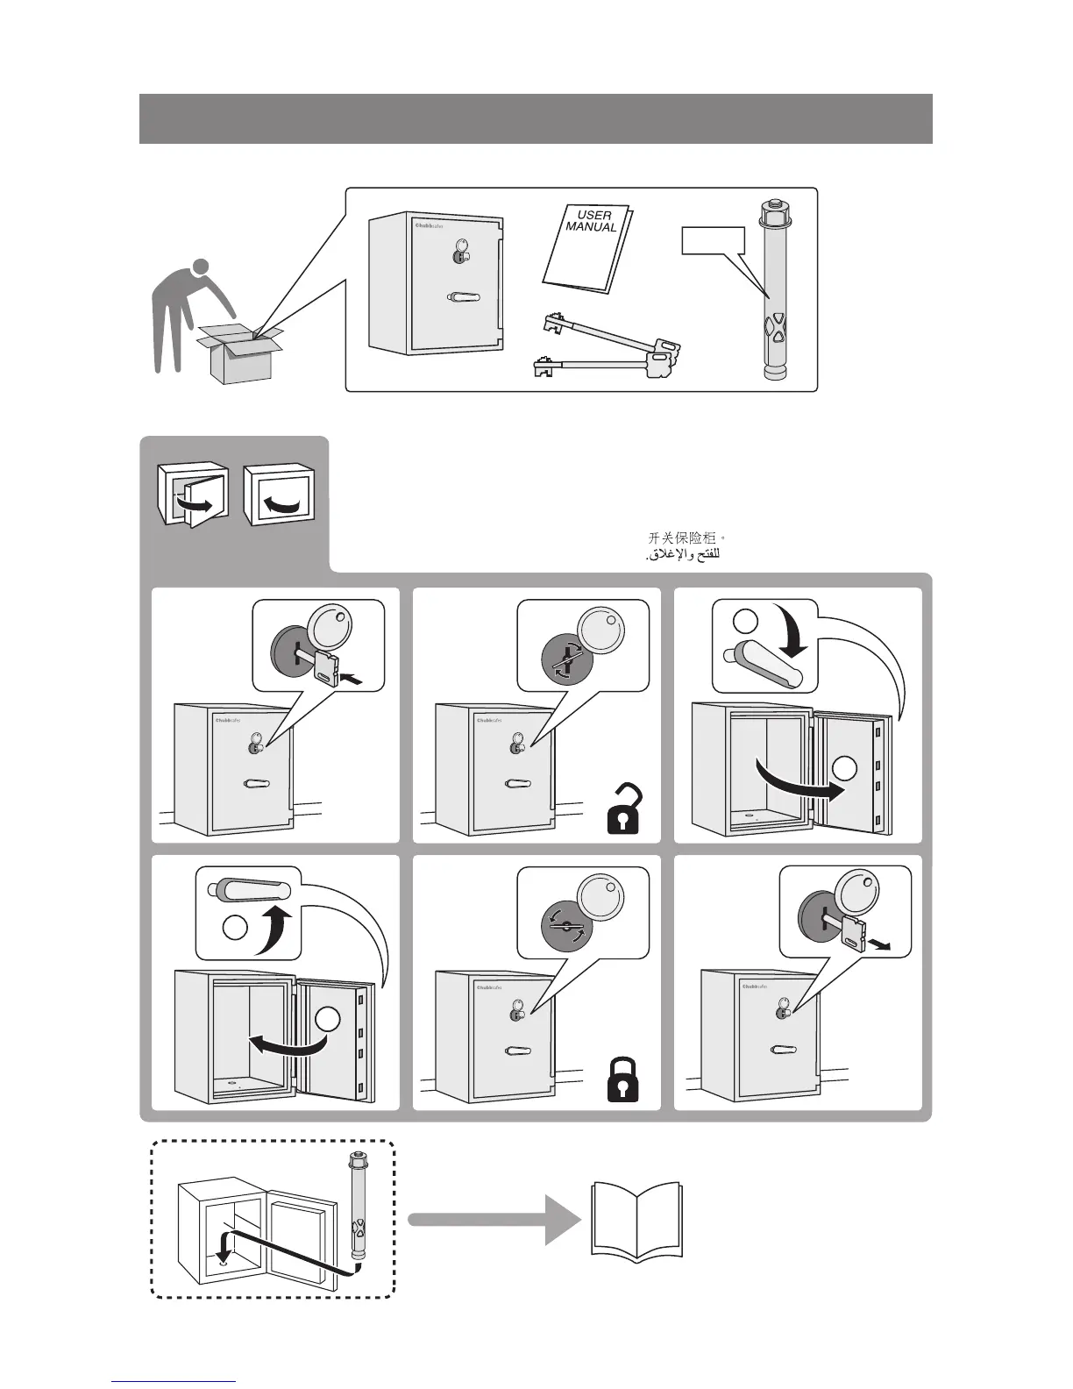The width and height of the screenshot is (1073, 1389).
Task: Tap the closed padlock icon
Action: tap(623, 1080)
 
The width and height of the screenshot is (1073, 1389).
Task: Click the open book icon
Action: tap(637, 1222)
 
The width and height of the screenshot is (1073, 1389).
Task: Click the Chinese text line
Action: tap(687, 538)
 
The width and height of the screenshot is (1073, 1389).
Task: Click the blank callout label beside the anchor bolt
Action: tap(713, 240)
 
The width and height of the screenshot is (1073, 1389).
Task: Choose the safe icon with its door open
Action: tap(192, 496)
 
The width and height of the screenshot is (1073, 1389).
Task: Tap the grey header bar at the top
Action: tap(536, 118)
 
